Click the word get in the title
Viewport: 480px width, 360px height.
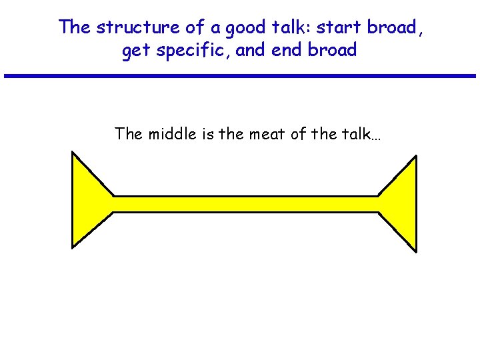tap(136, 51)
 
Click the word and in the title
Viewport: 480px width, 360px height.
tap(251, 51)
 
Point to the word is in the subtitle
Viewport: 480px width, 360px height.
tap(201, 134)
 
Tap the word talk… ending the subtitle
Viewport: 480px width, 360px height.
tap(360, 134)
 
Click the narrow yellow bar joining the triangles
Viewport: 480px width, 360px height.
tap(245, 205)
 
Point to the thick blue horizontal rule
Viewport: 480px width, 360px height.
tap(240, 76)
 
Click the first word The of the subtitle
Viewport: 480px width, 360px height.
tap(129, 134)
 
